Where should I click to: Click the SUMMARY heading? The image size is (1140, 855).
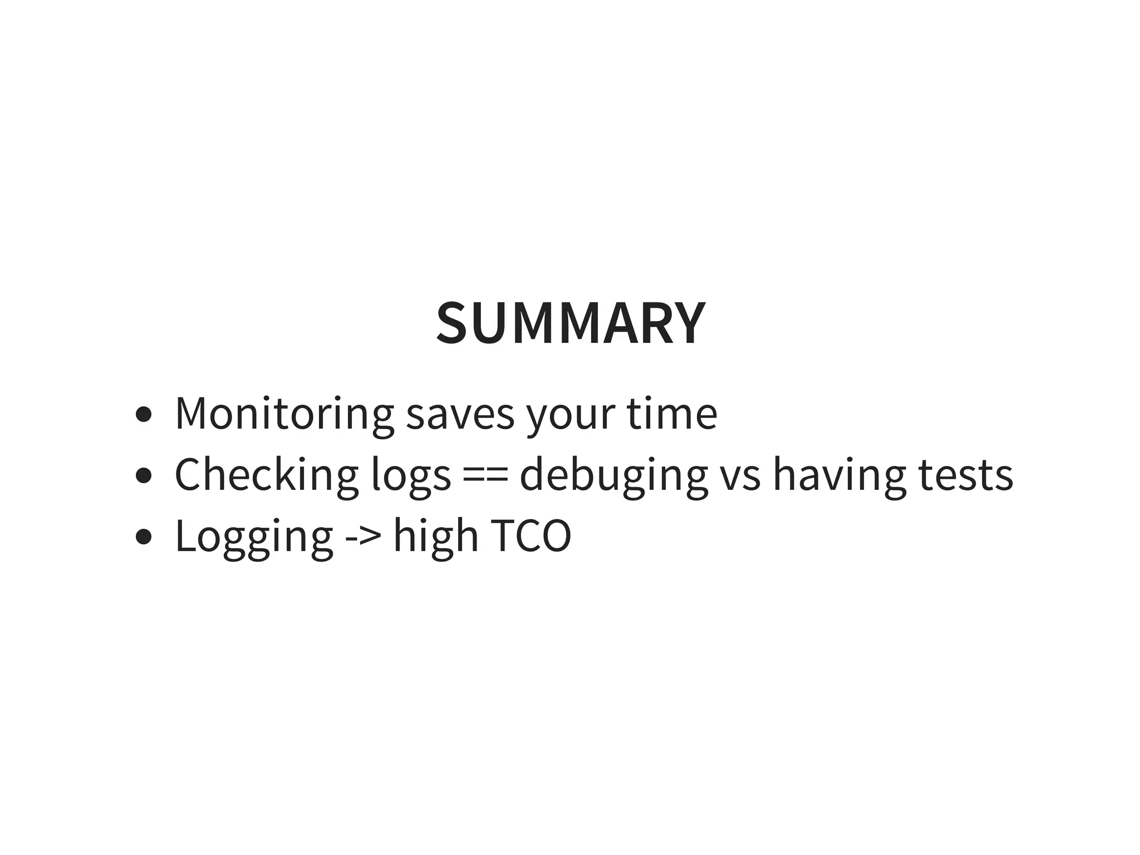(x=571, y=323)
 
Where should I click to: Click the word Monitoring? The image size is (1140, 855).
(x=284, y=414)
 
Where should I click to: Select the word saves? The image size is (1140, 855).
(x=460, y=415)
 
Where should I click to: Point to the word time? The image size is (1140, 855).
(x=672, y=414)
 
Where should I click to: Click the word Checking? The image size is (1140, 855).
(x=267, y=475)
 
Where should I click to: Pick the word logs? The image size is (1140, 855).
(x=411, y=476)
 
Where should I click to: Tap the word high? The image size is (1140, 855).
(x=436, y=536)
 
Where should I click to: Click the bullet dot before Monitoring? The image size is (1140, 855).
(x=144, y=415)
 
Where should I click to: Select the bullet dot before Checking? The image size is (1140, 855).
(x=144, y=476)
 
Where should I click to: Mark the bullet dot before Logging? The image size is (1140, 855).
(x=144, y=537)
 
